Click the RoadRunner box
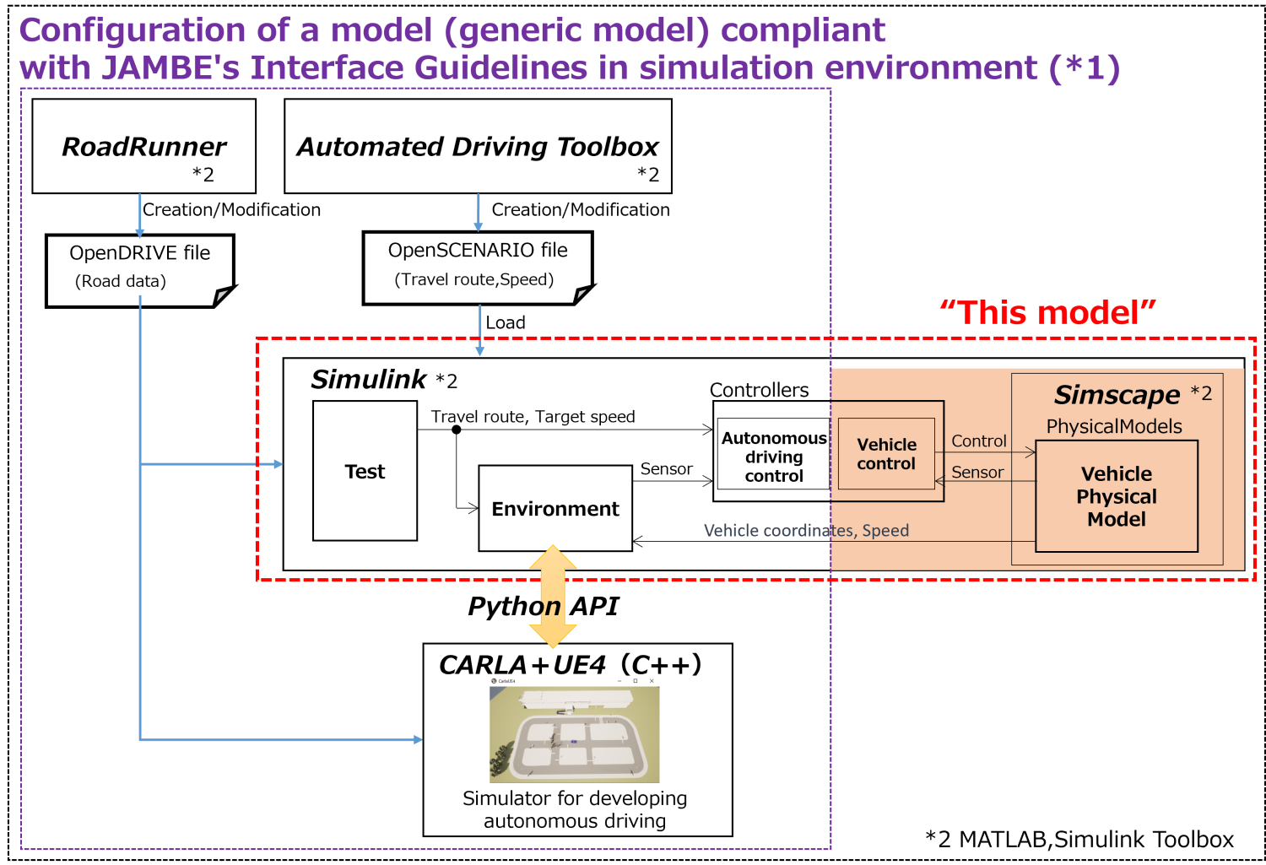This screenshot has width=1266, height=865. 143,146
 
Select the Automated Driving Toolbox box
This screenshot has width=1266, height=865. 478,146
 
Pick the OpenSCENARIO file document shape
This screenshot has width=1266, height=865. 477,266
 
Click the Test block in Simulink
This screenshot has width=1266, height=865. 365,471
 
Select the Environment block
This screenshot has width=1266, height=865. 555,509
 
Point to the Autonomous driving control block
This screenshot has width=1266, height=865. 773,457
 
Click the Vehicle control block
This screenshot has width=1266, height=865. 886,454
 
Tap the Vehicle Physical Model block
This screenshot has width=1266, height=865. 1116,496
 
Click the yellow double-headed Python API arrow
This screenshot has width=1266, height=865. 552,596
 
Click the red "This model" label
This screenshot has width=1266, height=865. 1047,312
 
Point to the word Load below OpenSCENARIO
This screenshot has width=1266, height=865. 506,322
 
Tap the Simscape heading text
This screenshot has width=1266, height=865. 1117,394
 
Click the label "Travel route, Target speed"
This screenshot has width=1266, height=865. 533,417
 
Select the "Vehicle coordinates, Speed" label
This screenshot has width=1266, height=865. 806,530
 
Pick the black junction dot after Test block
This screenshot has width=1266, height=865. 457,430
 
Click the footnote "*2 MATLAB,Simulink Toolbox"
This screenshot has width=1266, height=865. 1079,839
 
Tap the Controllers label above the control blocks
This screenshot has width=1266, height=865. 759,390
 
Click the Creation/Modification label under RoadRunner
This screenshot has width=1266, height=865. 231,209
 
